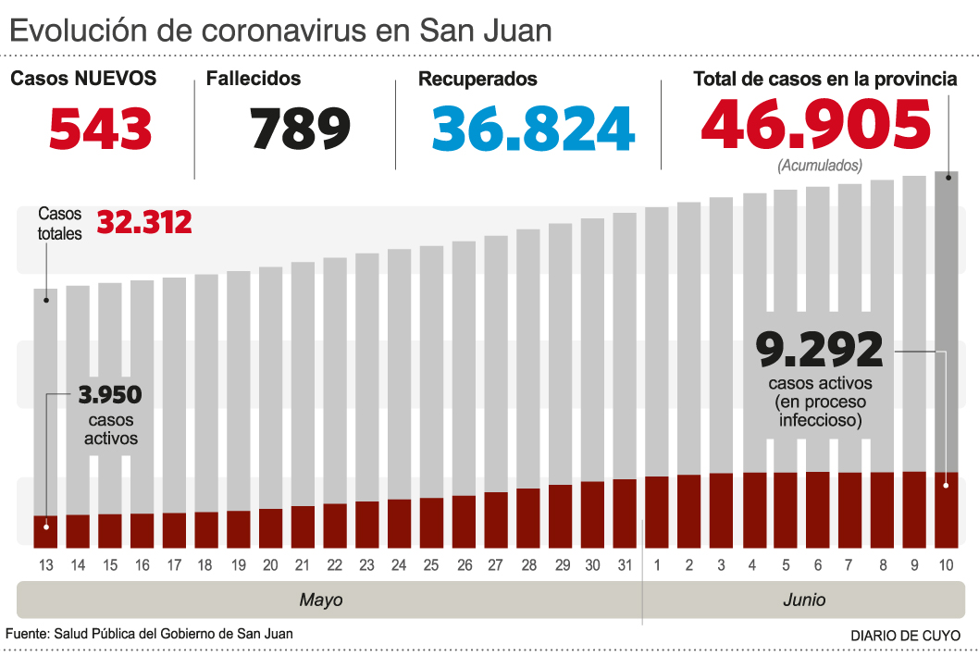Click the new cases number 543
click(x=100, y=129)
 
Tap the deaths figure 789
click(x=301, y=129)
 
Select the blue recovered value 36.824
click(x=533, y=129)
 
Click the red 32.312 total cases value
click(x=144, y=223)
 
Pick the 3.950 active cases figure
click(x=110, y=396)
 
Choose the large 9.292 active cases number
click(x=820, y=351)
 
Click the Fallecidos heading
click(x=254, y=80)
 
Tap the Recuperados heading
click(x=477, y=80)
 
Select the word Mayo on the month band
click(x=321, y=600)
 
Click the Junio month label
click(x=804, y=600)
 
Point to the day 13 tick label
click(x=45, y=564)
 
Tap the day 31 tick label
click(x=625, y=564)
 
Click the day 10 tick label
click(x=946, y=564)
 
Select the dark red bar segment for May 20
click(x=270, y=527)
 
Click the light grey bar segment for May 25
click(x=431, y=370)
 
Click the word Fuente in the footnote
click(x=27, y=634)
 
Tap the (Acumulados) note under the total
click(x=820, y=167)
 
